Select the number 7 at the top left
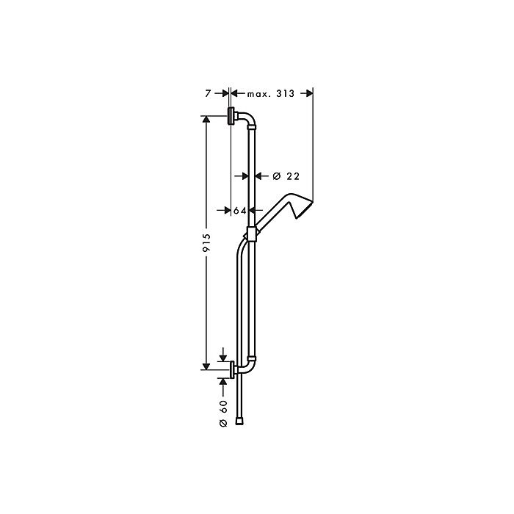pyautogui.click(x=209, y=93)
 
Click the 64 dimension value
pyautogui.click(x=240, y=211)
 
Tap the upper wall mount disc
pyautogui.click(x=231, y=116)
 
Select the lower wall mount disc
pyautogui.click(x=234, y=369)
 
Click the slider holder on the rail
pyautogui.click(x=253, y=234)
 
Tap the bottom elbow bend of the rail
pyautogui.click(x=250, y=365)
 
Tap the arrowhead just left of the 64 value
pyautogui.click(x=227, y=211)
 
